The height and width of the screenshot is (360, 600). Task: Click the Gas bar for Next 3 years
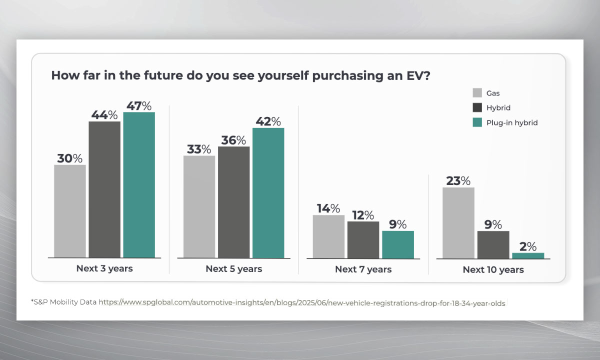(70, 211)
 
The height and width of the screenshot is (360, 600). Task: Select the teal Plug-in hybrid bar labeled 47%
(139, 185)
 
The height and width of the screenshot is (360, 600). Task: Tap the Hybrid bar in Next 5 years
(233, 202)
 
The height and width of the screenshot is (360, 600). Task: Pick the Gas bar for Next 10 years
(458, 223)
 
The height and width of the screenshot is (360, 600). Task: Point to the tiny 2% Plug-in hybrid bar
(528, 255)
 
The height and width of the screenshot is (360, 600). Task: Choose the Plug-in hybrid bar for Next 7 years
(398, 244)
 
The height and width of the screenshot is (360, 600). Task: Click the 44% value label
(104, 114)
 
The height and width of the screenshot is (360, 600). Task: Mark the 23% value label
(458, 180)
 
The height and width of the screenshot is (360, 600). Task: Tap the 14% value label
(328, 208)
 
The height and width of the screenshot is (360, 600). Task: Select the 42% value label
(268, 121)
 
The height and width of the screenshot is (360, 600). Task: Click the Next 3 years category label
(104, 268)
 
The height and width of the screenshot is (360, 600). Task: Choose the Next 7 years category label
(363, 269)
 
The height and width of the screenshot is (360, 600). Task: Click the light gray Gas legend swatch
(477, 93)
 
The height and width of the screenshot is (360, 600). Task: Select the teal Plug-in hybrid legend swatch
(477, 122)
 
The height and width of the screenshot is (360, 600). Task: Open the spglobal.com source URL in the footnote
(301, 302)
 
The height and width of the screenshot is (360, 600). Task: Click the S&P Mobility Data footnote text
(63, 302)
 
